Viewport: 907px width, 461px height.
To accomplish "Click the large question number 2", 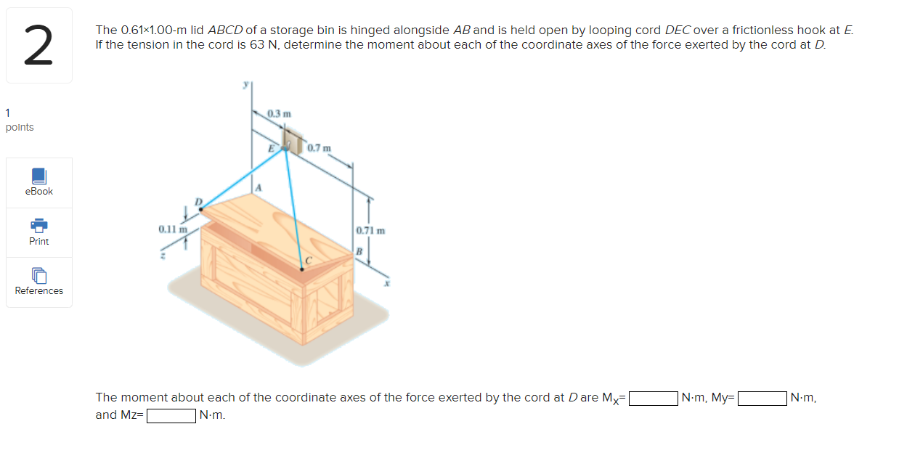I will pos(39,45).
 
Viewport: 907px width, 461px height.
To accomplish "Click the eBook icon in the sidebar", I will pos(39,176).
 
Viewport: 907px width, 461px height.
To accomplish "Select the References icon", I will pos(39,276).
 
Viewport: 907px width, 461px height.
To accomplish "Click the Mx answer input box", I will pos(654,398).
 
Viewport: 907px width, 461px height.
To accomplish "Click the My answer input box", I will pos(762,398).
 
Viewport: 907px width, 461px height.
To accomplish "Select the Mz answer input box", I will pos(171,416).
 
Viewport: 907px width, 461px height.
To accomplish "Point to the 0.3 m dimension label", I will pos(279,114).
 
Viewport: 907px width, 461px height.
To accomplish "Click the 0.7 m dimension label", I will pos(319,149).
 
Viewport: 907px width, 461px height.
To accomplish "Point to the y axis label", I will pos(245,84).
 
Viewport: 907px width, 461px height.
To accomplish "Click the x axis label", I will pos(387,283).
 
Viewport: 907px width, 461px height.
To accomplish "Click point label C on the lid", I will pos(309,260).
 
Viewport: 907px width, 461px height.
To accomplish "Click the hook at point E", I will pos(285,147).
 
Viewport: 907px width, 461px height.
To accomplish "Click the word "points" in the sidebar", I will pos(20,127).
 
